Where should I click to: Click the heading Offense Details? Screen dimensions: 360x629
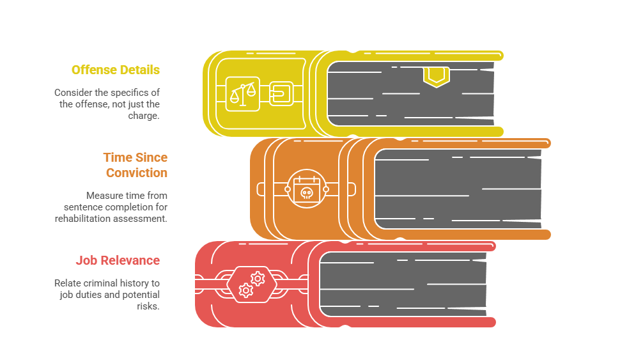click(115, 70)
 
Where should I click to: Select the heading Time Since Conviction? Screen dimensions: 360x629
click(135, 165)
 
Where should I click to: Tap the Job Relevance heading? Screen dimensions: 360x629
click(118, 260)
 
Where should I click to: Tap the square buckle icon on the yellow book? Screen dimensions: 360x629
click(281, 93)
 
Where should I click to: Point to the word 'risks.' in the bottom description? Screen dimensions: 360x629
click(148, 306)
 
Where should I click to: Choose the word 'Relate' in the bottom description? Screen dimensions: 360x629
click(67, 283)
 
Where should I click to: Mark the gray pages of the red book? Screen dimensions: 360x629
click(403, 285)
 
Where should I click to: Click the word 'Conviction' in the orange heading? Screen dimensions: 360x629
click(136, 173)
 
